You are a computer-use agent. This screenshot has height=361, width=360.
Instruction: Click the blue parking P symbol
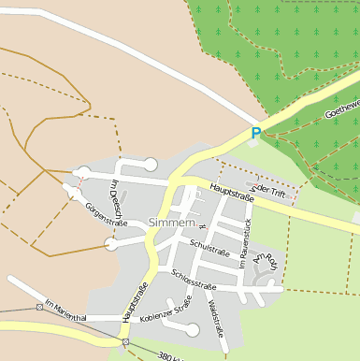point(256,134)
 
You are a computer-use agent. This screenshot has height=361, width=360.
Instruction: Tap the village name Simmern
point(171,223)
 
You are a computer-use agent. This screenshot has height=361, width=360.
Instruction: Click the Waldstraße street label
point(216,319)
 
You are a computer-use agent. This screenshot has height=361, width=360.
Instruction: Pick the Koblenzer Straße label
point(166,310)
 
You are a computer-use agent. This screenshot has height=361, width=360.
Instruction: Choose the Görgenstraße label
point(106,215)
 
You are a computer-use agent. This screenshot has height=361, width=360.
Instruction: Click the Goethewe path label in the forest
point(341,108)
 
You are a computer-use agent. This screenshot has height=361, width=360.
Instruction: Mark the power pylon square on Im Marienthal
point(39,306)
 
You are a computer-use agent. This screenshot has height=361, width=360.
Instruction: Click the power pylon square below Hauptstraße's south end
point(125,342)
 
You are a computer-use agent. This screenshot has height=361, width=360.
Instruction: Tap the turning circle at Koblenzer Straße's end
point(193,328)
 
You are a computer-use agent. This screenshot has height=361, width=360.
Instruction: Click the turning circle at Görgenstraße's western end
point(111,244)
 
